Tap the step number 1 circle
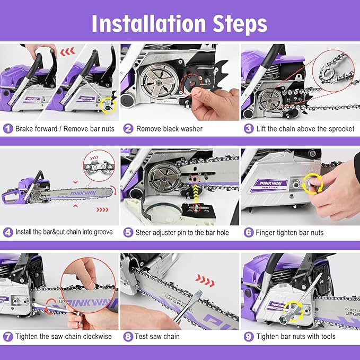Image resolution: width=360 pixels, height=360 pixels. coord(8,129)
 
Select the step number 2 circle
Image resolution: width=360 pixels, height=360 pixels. coord(128,129)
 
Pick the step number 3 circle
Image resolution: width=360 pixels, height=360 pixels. coord(248,129)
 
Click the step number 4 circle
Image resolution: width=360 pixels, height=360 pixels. coord(8,232)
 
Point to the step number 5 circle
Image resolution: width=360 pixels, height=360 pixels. coord(128,232)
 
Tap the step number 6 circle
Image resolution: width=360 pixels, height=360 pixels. coord(248,232)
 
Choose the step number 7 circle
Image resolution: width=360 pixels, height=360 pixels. coord(8,336)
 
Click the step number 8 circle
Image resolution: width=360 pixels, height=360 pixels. coord(128,336)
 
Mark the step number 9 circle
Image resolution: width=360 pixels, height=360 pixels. coord(248,336)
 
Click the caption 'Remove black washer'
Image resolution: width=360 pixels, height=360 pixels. coord(169,129)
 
